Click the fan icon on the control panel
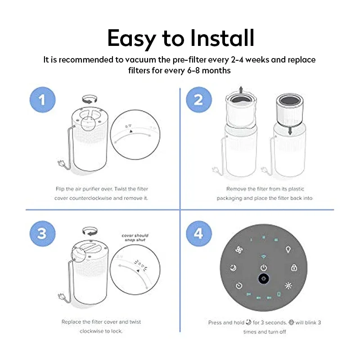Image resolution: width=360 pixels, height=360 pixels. (x=239, y=249)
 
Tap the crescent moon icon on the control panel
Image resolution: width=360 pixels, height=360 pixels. (x=233, y=268)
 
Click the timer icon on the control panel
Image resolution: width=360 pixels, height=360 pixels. (x=239, y=285)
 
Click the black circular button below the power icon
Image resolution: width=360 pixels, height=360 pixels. (x=263, y=279)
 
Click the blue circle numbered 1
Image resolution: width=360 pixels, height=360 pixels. (x=42, y=99)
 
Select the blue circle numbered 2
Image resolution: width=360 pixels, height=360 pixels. (x=198, y=99)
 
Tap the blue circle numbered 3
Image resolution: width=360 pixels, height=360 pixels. (x=42, y=234)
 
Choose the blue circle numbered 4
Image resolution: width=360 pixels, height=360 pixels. (x=198, y=234)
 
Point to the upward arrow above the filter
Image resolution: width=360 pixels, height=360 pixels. (x=241, y=89)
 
